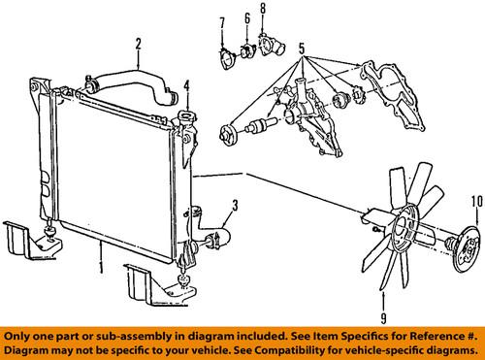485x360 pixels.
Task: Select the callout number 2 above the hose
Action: click(139, 42)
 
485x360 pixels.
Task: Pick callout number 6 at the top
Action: click(248, 17)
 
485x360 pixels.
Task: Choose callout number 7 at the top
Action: click(221, 21)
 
